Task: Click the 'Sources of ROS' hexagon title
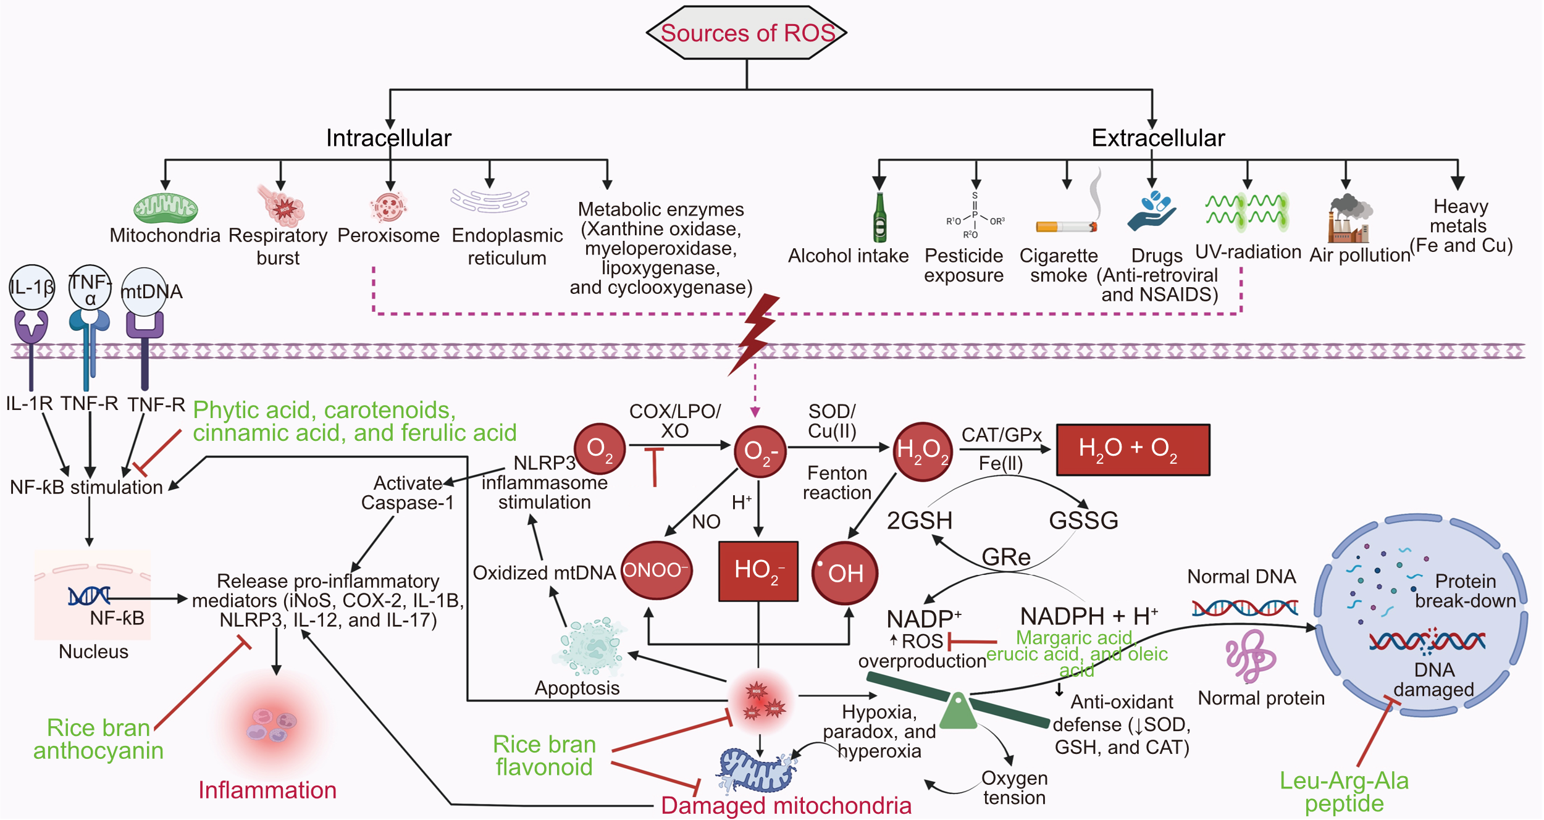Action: [747, 33]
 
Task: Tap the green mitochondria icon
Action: [166, 208]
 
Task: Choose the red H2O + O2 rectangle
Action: [1133, 450]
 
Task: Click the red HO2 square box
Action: [758, 571]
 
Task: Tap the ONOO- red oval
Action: [656, 570]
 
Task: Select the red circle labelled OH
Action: [844, 572]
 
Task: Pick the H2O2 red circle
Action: [923, 451]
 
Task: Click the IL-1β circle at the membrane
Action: [31, 287]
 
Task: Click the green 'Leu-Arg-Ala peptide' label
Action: [1344, 792]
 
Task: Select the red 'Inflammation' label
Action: [267, 790]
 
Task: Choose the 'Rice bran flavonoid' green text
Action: [544, 755]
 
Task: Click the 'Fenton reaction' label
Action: [837, 483]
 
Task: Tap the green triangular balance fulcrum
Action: [958, 711]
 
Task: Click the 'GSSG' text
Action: [1083, 521]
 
